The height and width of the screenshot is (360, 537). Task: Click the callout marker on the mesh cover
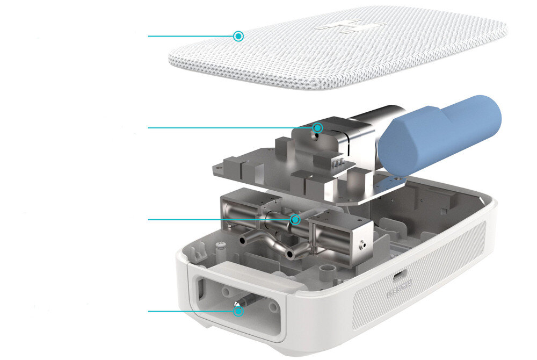click(238, 36)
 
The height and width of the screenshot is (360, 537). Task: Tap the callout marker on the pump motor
click(317, 127)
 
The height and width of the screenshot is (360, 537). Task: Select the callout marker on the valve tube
click(294, 219)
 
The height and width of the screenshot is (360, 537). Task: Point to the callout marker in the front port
click(238, 311)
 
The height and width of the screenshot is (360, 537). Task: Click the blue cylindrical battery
click(439, 134)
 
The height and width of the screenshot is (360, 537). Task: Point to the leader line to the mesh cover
click(191, 36)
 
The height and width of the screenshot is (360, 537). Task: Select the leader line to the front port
click(191, 311)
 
